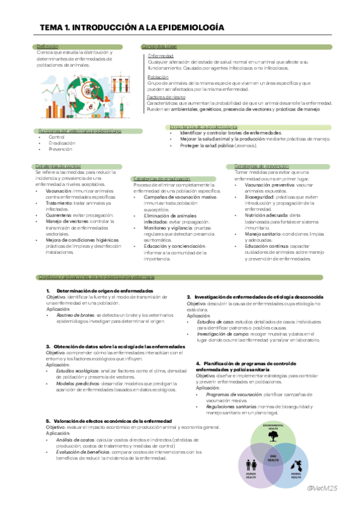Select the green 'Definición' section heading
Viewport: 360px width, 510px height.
47,46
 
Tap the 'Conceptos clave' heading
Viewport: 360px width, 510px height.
159,46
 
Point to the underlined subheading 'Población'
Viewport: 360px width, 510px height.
157,77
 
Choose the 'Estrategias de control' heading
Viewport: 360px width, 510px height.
58,166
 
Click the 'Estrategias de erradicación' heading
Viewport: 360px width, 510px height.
162,179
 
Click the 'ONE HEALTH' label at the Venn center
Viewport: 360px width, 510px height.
272,458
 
